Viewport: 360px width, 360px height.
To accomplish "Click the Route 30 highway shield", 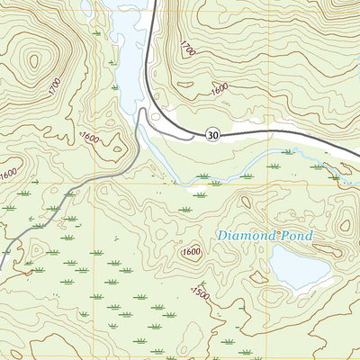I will pyautogui.click(x=211, y=135).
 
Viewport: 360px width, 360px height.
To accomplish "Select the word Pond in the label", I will pyautogui.click(x=296, y=236).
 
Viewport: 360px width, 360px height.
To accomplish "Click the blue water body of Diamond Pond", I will pyautogui.click(x=298, y=267).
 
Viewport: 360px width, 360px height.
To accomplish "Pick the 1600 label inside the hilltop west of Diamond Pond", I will pyautogui.click(x=190, y=252).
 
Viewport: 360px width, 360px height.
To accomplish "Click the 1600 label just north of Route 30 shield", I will pyautogui.click(x=219, y=89).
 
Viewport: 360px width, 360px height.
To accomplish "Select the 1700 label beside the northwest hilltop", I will pyautogui.click(x=53, y=88).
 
